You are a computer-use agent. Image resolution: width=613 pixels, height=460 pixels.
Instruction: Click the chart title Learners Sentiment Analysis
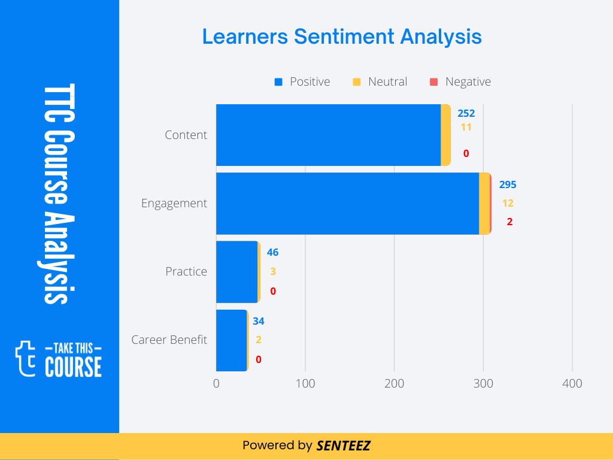coord(341,37)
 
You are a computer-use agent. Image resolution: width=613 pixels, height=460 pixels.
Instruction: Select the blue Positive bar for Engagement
coord(347,203)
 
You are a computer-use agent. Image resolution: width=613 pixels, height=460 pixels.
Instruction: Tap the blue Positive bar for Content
coord(328,135)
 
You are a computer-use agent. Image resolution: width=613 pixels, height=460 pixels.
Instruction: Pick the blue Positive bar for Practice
coord(236,271)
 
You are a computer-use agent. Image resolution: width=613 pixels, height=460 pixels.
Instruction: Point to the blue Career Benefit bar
coord(231,340)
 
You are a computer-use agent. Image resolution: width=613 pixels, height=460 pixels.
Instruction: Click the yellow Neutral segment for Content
coord(445,135)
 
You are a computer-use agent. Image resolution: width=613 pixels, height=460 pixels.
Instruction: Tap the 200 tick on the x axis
coord(394,383)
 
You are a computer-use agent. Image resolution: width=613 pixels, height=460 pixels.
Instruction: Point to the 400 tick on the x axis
coord(572,383)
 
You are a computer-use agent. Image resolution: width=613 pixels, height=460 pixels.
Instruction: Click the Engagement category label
coord(174,203)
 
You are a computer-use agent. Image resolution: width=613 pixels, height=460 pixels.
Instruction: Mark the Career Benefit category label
coord(169,340)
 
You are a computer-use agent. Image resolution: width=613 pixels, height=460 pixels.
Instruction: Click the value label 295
coord(508,184)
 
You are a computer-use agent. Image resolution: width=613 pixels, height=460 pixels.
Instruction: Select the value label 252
coord(466,113)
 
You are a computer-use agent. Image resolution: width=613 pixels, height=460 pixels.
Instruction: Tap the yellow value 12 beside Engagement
coord(508,203)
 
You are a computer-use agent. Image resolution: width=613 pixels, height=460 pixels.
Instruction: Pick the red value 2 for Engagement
coord(509,222)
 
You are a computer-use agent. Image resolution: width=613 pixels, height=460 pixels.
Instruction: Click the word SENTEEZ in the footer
coord(344,446)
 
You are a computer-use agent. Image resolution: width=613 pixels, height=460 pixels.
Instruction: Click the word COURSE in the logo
coord(73,367)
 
